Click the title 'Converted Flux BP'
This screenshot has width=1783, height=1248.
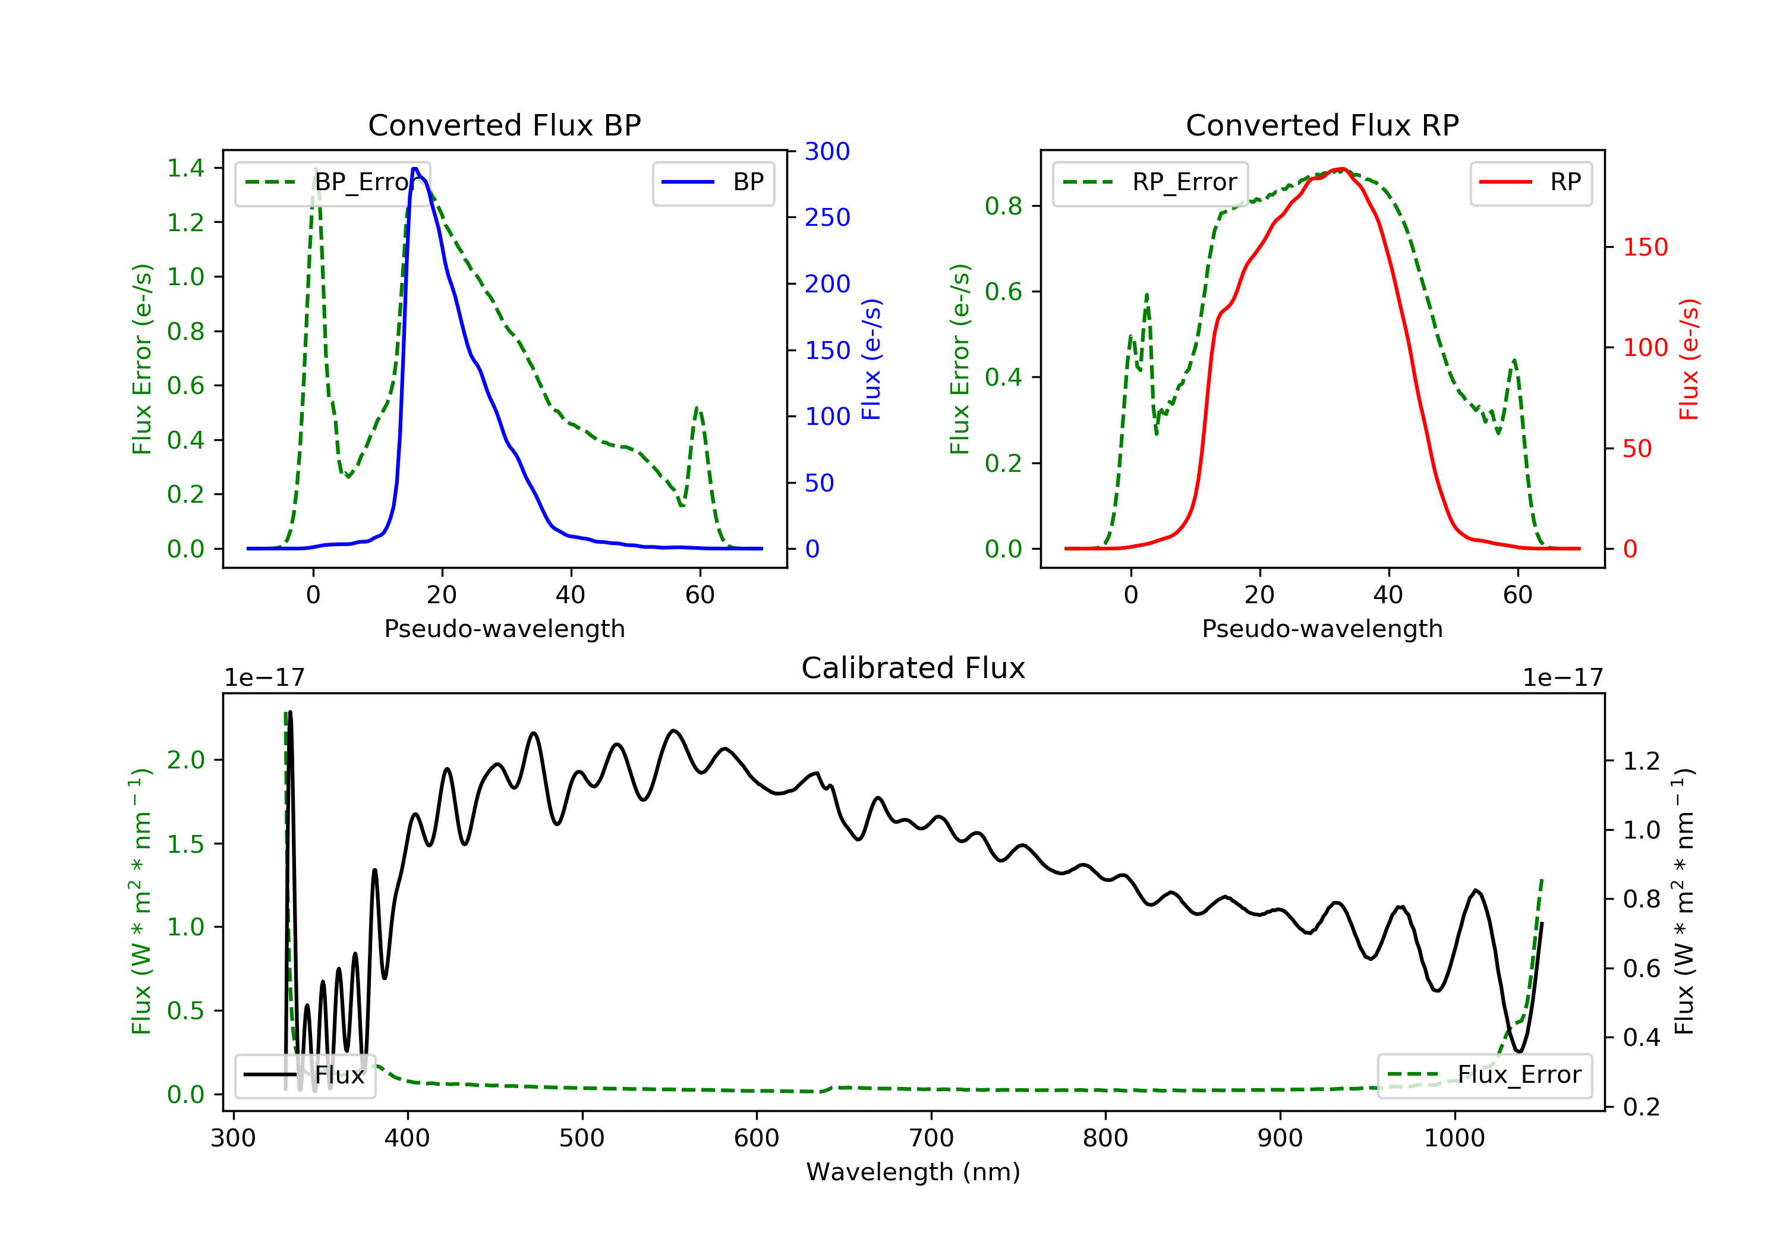pyautogui.click(x=504, y=125)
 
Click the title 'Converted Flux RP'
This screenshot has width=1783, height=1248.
pyautogui.click(x=1322, y=125)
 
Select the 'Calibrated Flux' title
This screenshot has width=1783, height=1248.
pyautogui.click(x=913, y=668)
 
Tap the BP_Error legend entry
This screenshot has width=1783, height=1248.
pyautogui.click(x=332, y=182)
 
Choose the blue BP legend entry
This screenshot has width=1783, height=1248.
pyautogui.click(x=713, y=182)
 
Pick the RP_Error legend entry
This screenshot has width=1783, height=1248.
pyautogui.click(x=1150, y=182)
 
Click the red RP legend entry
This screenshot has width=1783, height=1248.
pyautogui.click(x=1530, y=182)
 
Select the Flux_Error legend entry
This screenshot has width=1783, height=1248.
pyautogui.click(x=1484, y=1075)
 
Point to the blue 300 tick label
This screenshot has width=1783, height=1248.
pyautogui.click(x=827, y=152)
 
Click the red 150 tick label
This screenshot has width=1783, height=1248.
pyautogui.click(x=1646, y=247)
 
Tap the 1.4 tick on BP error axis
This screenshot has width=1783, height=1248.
pyautogui.click(x=185, y=168)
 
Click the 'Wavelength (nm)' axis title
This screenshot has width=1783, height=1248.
pyautogui.click(x=913, y=1172)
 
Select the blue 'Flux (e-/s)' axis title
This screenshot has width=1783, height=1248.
pyautogui.click(x=871, y=359)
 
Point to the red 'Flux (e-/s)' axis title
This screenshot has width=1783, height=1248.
pyautogui.click(x=1689, y=359)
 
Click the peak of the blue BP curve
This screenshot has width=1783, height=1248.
pyautogui.click(x=415, y=169)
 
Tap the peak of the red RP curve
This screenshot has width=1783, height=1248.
pyautogui.click(x=1341, y=169)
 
